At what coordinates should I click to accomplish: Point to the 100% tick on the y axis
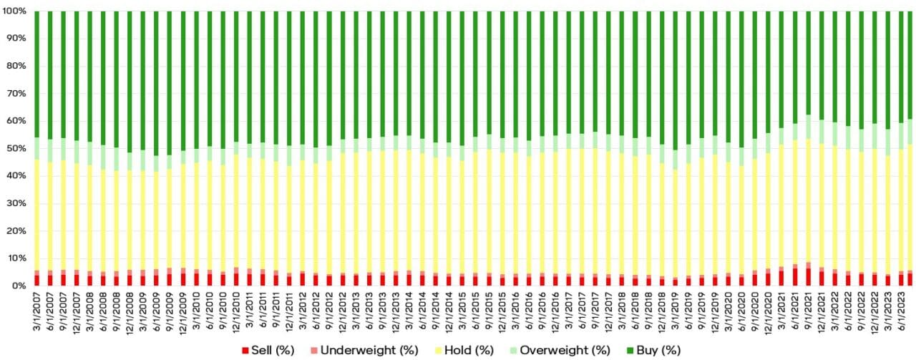point(14,11)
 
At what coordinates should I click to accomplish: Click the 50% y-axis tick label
point(17,148)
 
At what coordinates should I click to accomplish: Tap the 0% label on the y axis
point(20,286)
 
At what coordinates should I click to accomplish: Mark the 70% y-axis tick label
point(17,94)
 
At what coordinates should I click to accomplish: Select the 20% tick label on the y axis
point(17,230)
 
